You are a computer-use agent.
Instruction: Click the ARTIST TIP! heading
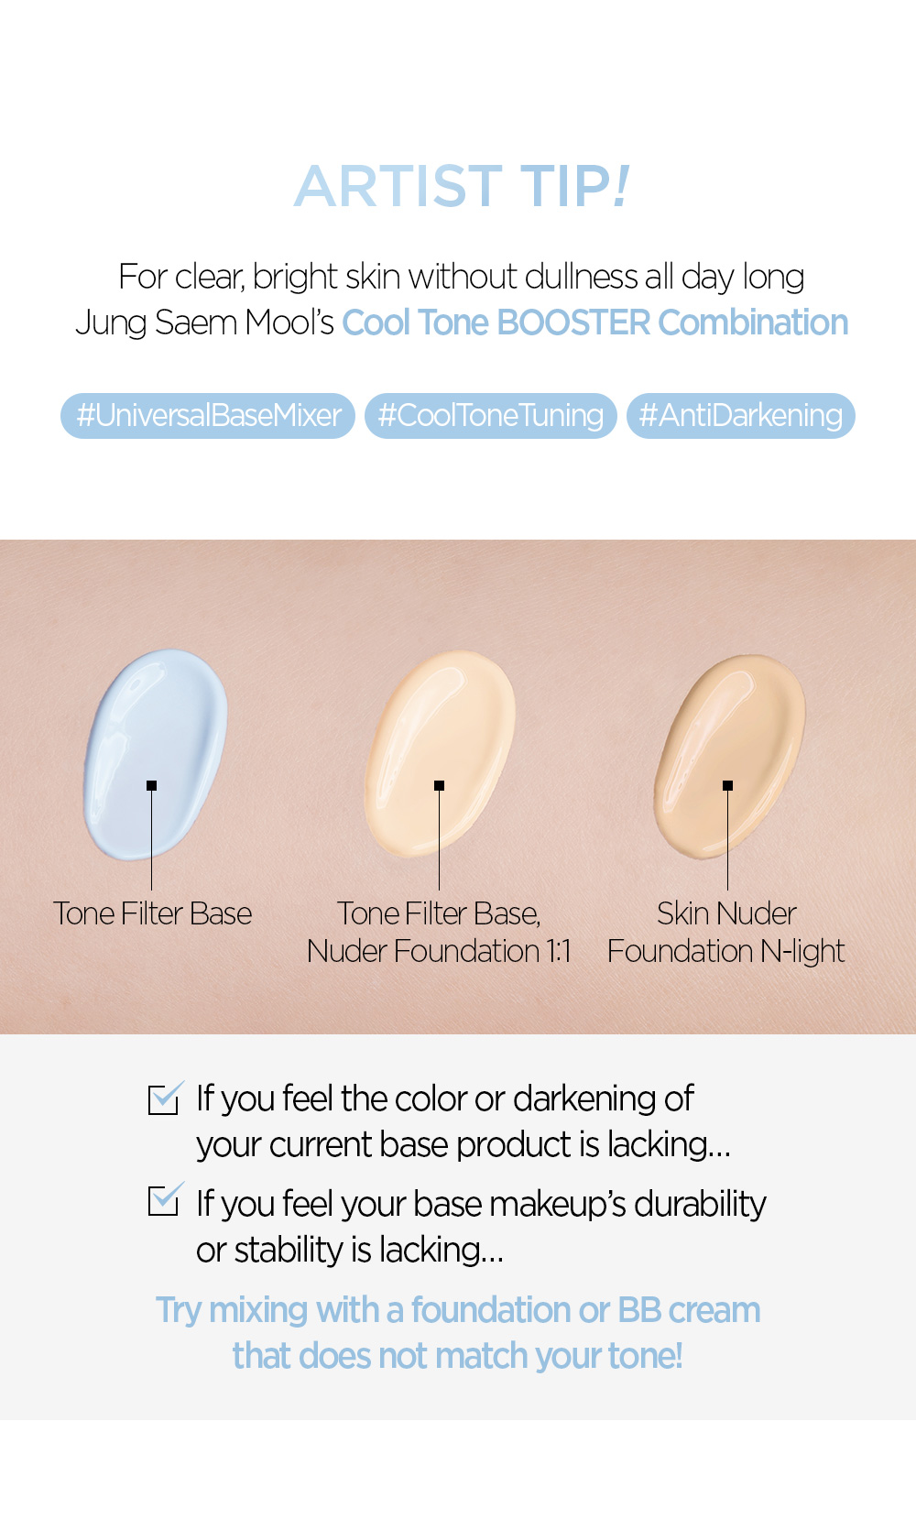click(462, 186)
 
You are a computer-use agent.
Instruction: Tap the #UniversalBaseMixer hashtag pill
click(208, 415)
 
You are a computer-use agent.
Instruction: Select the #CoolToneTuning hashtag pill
click(490, 415)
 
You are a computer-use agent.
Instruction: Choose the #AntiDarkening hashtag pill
click(740, 415)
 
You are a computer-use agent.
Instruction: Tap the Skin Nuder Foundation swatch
click(729, 756)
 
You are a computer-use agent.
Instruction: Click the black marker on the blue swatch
click(152, 785)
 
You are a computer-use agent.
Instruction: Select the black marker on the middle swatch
click(439, 785)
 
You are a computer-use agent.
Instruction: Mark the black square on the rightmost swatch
click(727, 785)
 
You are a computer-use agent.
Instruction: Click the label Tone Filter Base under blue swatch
click(152, 914)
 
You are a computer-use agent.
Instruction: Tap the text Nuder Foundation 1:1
click(439, 951)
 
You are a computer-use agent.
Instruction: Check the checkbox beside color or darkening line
click(164, 1098)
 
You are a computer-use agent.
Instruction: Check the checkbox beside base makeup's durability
click(164, 1199)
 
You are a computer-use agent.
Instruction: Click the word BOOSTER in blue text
click(573, 322)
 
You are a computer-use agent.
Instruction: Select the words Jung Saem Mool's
click(204, 323)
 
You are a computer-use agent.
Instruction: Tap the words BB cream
click(689, 1310)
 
